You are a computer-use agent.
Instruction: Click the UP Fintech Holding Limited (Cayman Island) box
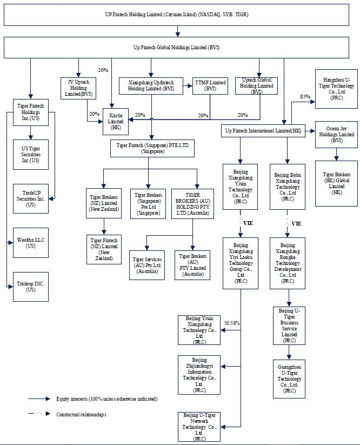click(180, 15)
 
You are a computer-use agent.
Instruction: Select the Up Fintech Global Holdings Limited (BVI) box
click(180, 48)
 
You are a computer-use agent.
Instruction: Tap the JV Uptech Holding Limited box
click(79, 88)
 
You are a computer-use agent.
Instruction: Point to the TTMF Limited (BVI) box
click(210, 86)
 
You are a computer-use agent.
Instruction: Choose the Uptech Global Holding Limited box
click(257, 85)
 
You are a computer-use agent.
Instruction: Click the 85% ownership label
click(304, 97)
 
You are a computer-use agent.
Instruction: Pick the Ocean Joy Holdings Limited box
click(336, 134)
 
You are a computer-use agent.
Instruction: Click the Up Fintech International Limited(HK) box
click(263, 131)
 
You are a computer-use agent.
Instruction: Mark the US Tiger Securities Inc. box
click(31, 154)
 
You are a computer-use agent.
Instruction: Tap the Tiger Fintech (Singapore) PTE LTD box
click(152, 149)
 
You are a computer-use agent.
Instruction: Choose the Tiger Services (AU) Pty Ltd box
click(147, 264)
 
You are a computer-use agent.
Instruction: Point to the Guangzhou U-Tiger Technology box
click(289, 378)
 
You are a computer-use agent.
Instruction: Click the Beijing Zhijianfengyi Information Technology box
click(199, 375)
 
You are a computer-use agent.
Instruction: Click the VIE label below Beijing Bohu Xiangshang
click(296, 223)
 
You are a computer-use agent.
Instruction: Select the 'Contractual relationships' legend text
click(81, 415)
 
